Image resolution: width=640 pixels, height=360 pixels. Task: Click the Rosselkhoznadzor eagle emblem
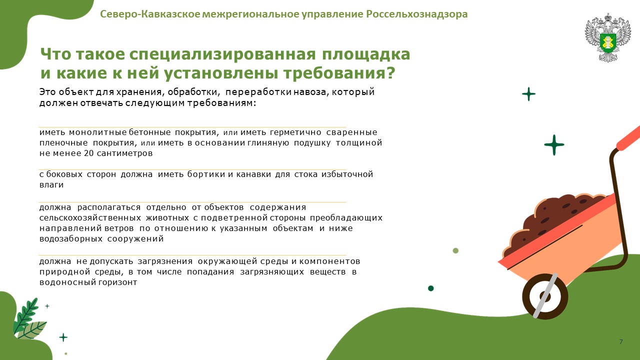pyautogui.click(x=607, y=37)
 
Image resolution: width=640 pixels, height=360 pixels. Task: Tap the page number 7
pyautogui.click(x=621, y=341)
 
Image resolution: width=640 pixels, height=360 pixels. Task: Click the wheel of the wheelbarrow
pyautogui.click(x=545, y=296)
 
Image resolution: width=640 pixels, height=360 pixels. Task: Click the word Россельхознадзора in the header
pyautogui.click(x=417, y=14)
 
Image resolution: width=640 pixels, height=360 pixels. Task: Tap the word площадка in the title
pyautogui.click(x=366, y=54)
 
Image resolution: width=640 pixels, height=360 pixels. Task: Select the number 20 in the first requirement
pyautogui.click(x=89, y=153)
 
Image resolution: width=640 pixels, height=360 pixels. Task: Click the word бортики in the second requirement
pyautogui.click(x=206, y=174)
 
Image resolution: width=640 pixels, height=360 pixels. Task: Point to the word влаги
pyautogui.click(x=51, y=185)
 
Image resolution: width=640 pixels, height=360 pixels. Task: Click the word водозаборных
pyautogui.click(x=71, y=239)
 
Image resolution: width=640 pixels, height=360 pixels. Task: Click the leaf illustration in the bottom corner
pyautogui.click(x=29, y=319)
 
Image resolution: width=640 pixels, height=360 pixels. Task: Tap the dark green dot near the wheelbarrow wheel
pyautogui.click(x=431, y=288)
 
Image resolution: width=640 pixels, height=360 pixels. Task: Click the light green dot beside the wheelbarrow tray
pyautogui.click(x=455, y=250)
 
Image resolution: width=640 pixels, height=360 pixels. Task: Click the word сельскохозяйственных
pyautogui.click(x=90, y=218)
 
